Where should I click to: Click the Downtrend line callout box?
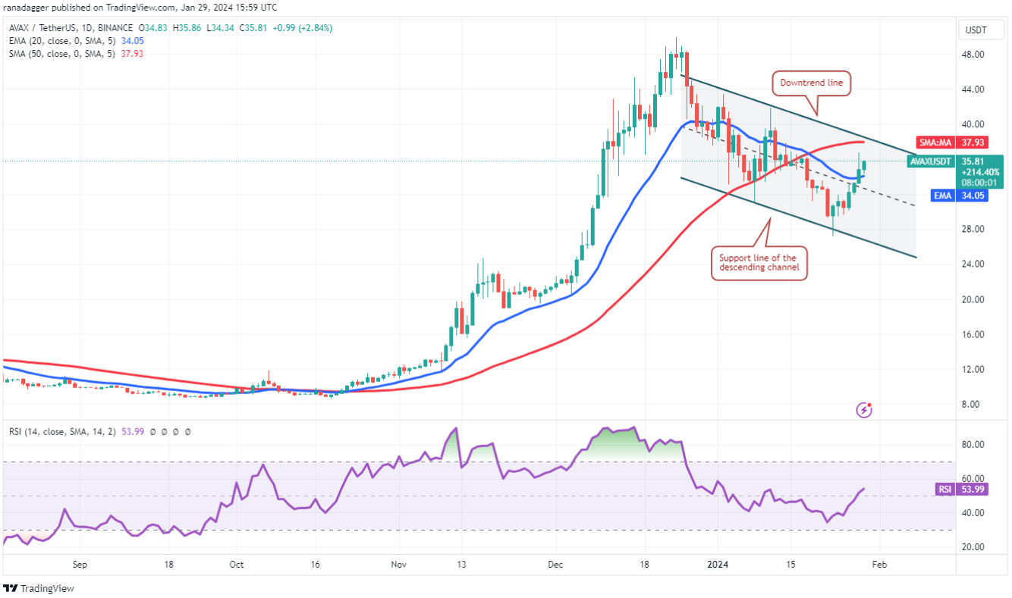tap(812, 83)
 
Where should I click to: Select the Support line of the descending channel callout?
tap(759, 263)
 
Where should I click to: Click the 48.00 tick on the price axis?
tap(974, 55)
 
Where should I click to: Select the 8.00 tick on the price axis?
tap(974, 405)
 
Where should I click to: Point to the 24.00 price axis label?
tap(974, 265)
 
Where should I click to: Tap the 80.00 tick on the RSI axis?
tap(974, 445)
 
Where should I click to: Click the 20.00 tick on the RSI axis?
tap(974, 547)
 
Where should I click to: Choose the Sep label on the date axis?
tap(81, 565)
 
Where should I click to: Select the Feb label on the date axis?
tap(878, 565)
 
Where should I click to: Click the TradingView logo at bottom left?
tap(39, 588)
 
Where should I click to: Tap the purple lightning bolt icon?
tap(864, 410)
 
